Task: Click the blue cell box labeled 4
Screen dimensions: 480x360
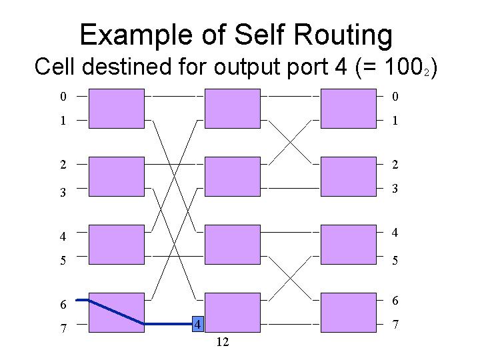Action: point(198,324)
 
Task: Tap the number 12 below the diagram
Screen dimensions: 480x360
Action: point(223,342)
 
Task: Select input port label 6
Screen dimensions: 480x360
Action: point(63,305)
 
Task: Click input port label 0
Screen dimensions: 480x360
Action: point(63,97)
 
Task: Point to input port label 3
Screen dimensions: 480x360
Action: point(63,193)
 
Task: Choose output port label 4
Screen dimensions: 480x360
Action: point(395,233)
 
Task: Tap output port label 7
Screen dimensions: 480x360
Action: point(395,324)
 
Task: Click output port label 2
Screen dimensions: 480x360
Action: point(395,165)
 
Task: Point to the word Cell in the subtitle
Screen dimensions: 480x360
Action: point(55,67)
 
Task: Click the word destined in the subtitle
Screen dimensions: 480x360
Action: point(127,67)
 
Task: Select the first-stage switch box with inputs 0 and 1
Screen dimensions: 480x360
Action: point(117,109)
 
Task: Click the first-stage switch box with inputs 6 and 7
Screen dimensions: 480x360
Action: point(117,313)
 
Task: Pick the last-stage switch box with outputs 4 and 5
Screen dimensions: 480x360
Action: point(349,245)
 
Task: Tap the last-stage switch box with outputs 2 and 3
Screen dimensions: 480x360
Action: point(349,177)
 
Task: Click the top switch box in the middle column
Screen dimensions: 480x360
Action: point(233,109)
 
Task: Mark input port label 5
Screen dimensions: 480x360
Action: point(63,261)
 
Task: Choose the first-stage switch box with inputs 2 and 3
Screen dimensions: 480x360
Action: point(117,177)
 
